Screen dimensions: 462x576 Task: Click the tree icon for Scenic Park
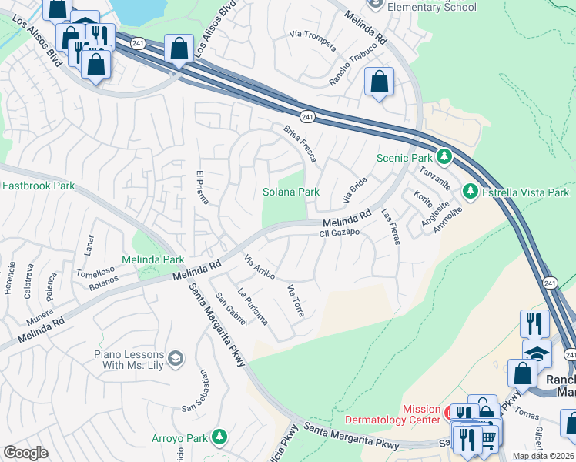point(444,157)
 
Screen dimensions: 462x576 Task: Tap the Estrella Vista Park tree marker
point(470,191)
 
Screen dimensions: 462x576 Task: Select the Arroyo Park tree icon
point(220,437)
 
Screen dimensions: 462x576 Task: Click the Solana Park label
point(291,191)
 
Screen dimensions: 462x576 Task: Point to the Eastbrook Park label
point(39,186)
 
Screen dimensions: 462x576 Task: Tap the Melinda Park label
point(152,260)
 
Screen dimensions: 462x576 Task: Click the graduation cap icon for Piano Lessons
point(176,359)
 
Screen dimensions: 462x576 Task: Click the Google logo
point(25,453)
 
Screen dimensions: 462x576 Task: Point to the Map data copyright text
point(544,456)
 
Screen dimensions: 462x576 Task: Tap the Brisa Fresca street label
point(300,143)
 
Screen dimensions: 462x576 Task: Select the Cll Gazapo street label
point(340,232)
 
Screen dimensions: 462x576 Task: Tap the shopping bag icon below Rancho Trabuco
point(379,82)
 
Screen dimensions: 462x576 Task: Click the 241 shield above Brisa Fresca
point(307,116)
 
